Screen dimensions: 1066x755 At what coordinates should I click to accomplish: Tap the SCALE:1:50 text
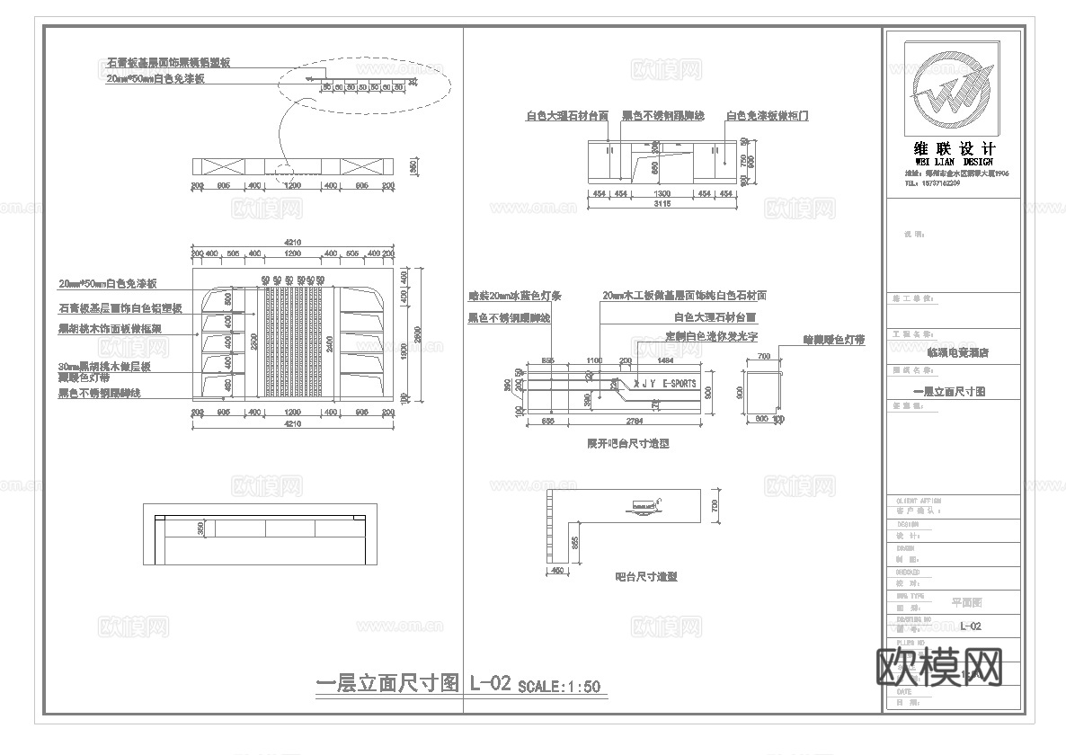[x=559, y=687]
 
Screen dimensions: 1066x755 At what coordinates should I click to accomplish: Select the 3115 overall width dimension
[x=662, y=204]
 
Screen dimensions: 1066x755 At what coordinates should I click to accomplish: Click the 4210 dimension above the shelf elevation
[x=292, y=242]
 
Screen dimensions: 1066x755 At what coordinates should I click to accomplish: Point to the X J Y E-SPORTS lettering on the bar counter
[x=664, y=384]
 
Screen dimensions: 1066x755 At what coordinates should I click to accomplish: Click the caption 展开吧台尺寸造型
[x=628, y=444]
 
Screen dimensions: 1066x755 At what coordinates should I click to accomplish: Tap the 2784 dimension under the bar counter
[x=633, y=420]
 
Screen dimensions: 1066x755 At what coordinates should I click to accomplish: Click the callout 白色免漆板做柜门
[x=768, y=116]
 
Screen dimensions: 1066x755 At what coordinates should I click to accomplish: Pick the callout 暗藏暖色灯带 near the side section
[x=833, y=341]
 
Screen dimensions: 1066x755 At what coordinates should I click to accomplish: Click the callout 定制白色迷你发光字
[x=713, y=335]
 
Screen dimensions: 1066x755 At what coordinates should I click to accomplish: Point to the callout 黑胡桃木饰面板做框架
[x=110, y=330]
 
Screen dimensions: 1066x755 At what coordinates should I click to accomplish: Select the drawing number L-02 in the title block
[x=969, y=626]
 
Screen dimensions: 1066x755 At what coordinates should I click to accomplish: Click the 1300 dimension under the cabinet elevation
[x=662, y=192]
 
